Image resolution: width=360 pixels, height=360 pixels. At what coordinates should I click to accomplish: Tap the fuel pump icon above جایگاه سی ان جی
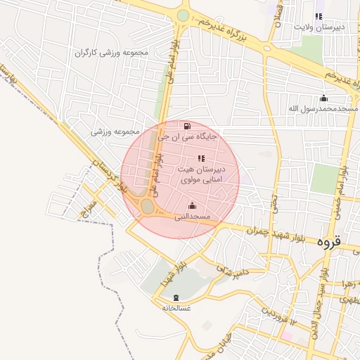coord(186,127)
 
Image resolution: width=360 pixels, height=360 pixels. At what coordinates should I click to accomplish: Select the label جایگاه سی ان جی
coord(187,138)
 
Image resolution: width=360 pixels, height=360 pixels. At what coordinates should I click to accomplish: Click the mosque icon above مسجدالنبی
coord(192,205)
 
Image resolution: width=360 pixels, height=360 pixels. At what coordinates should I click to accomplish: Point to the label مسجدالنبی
coord(192,217)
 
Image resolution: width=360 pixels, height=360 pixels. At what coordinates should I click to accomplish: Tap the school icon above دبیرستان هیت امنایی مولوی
coord(200,158)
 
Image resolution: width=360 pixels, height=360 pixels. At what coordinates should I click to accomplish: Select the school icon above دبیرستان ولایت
coord(319,15)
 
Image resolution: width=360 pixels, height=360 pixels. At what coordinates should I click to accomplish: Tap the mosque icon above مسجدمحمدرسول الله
coord(323,98)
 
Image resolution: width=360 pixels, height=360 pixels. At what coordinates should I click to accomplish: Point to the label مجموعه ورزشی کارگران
coord(103,53)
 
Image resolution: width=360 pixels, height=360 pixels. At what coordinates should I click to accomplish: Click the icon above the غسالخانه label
coord(175,297)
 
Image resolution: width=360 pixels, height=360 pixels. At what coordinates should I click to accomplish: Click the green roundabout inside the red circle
coord(147,206)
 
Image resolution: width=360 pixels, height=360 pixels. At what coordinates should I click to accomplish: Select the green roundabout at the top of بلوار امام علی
coord(183,15)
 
